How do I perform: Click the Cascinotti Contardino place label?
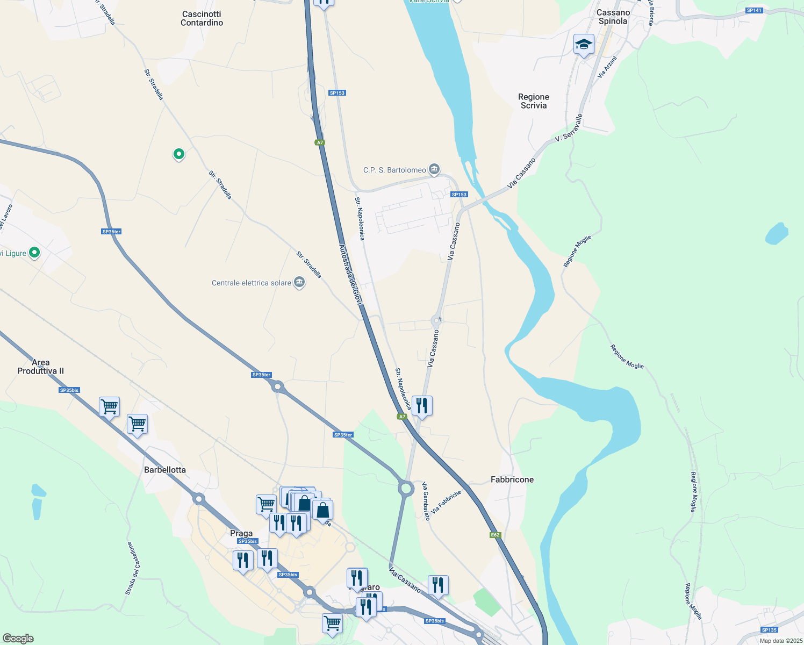(202, 18)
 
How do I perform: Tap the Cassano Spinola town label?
(613, 17)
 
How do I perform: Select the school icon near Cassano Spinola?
(583, 45)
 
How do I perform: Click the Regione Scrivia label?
(533, 101)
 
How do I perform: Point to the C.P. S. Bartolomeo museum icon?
(435, 170)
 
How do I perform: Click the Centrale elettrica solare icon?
(299, 282)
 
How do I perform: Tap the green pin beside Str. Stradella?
(178, 154)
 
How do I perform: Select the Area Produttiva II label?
(40, 367)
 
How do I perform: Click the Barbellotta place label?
(164, 470)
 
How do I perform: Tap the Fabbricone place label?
(512, 479)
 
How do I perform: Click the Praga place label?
(241, 533)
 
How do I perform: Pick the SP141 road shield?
(754, 11)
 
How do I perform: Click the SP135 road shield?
(769, 630)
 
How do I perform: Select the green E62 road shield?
(495, 535)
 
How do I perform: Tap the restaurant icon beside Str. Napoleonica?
(422, 405)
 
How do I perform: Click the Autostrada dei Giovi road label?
(351, 275)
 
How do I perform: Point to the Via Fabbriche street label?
(446, 502)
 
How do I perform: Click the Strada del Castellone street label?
(133, 568)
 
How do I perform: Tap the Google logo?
(18, 639)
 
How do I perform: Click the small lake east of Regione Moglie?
(777, 234)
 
